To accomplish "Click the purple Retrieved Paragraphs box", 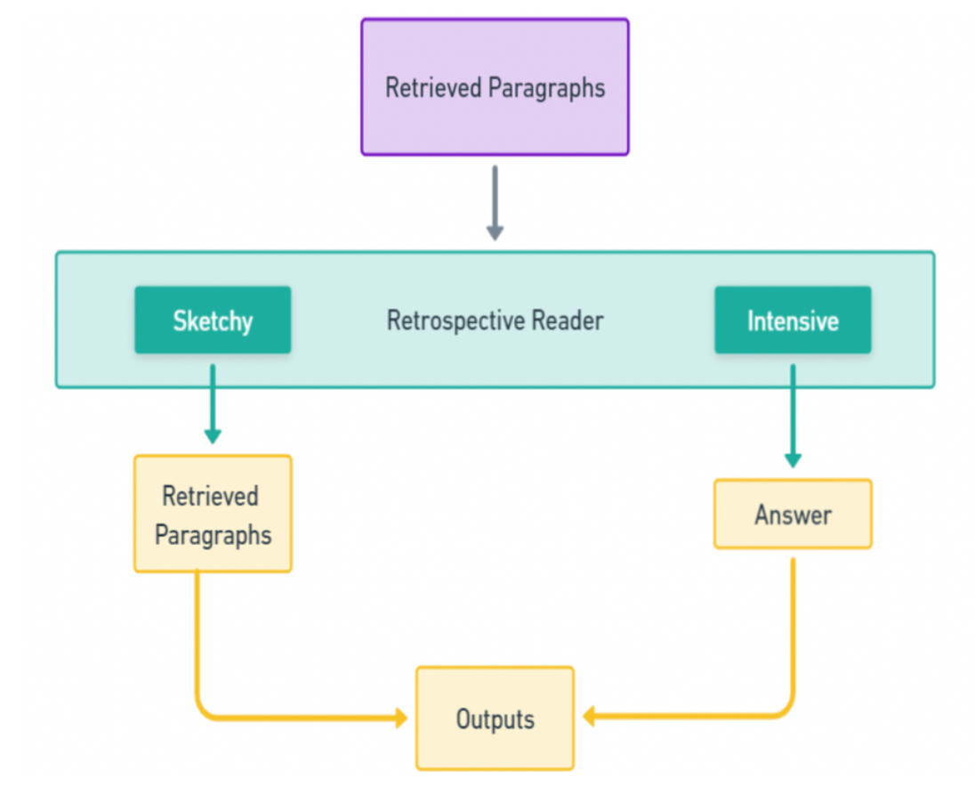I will tap(495, 87).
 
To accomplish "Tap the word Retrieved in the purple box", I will tap(434, 88).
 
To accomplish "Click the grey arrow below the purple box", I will tap(495, 203).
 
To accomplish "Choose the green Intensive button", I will tap(792, 320).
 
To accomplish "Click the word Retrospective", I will tap(454, 320).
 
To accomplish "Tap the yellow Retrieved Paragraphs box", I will tap(212, 514).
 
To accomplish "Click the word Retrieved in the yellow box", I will tap(211, 496).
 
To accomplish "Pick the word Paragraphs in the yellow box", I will tap(213, 534).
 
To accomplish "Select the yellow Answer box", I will tap(792, 514).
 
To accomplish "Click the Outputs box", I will tap(495, 718).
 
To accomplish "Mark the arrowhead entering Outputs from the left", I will tap(400, 717).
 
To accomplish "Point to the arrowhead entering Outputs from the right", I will tap(590, 717).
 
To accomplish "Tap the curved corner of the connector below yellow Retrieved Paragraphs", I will tap(205, 709).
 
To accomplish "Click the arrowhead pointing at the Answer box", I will tap(792, 460).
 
